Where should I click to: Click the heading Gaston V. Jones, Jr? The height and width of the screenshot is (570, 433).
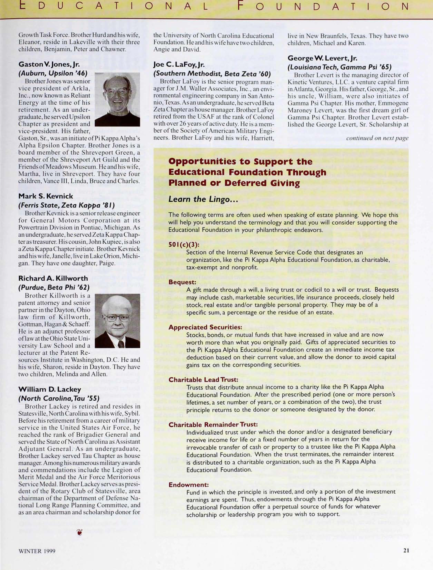click(49, 64)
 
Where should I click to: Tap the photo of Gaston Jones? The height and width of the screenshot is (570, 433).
click(117, 99)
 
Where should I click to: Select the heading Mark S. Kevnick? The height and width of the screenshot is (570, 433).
click(46, 196)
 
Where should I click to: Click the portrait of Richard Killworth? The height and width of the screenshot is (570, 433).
click(117, 321)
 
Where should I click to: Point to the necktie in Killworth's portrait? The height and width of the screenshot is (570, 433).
click(121, 344)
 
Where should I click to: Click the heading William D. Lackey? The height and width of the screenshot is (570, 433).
click(50, 389)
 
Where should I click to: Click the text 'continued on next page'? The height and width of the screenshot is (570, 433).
click(377, 138)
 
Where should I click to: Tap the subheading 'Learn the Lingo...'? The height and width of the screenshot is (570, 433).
click(203, 199)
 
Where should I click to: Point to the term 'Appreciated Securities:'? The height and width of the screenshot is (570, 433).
click(205, 327)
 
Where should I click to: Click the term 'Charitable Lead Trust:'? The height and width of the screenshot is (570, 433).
click(203, 379)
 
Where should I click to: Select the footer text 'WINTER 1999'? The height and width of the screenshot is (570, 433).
click(37, 551)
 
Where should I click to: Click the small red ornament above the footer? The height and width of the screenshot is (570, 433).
click(80, 532)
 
